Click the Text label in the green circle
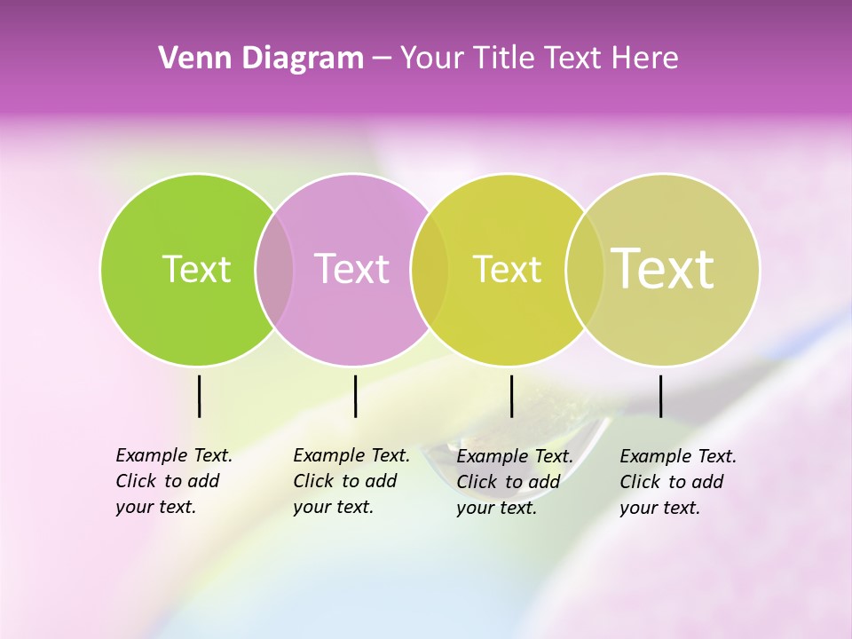click(196, 269)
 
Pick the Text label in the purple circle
click(351, 269)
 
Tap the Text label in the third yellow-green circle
click(507, 269)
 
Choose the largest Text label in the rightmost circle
click(663, 269)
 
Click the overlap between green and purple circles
click(274, 269)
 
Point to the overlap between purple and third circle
click(430, 269)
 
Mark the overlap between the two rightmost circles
click(586, 269)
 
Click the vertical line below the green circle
click(200, 396)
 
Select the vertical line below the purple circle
click(355, 396)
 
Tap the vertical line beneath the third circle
click(511, 396)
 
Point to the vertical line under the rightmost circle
click(660, 396)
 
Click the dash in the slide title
click(382, 59)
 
